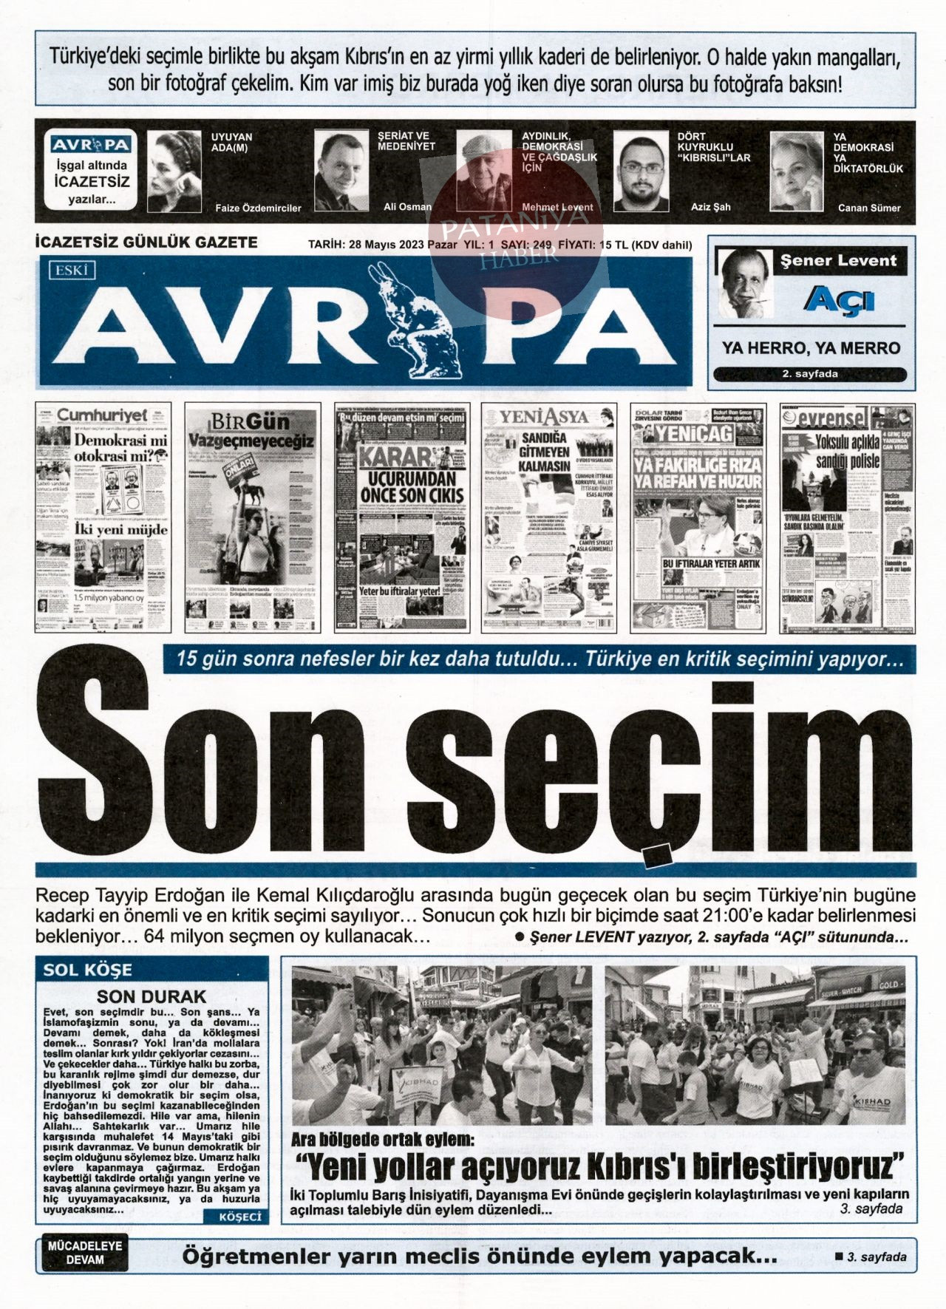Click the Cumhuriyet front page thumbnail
click(103, 517)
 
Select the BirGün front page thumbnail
click(252, 517)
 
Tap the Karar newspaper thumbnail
click(401, 517)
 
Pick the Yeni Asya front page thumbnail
click(549, 517)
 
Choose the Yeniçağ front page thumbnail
click(698, 517)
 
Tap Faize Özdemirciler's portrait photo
click(174, 171)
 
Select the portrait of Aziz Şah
click(641, 171)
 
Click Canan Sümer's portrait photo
click(796, 171)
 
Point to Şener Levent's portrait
click(746, 283)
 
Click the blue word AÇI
click(838, 299)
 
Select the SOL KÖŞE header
click(87, 970)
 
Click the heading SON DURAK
click(152, 996)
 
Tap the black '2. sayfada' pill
click(810, 374)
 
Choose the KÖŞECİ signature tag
click(240, 1217)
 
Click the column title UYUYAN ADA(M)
click(232, 142)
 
